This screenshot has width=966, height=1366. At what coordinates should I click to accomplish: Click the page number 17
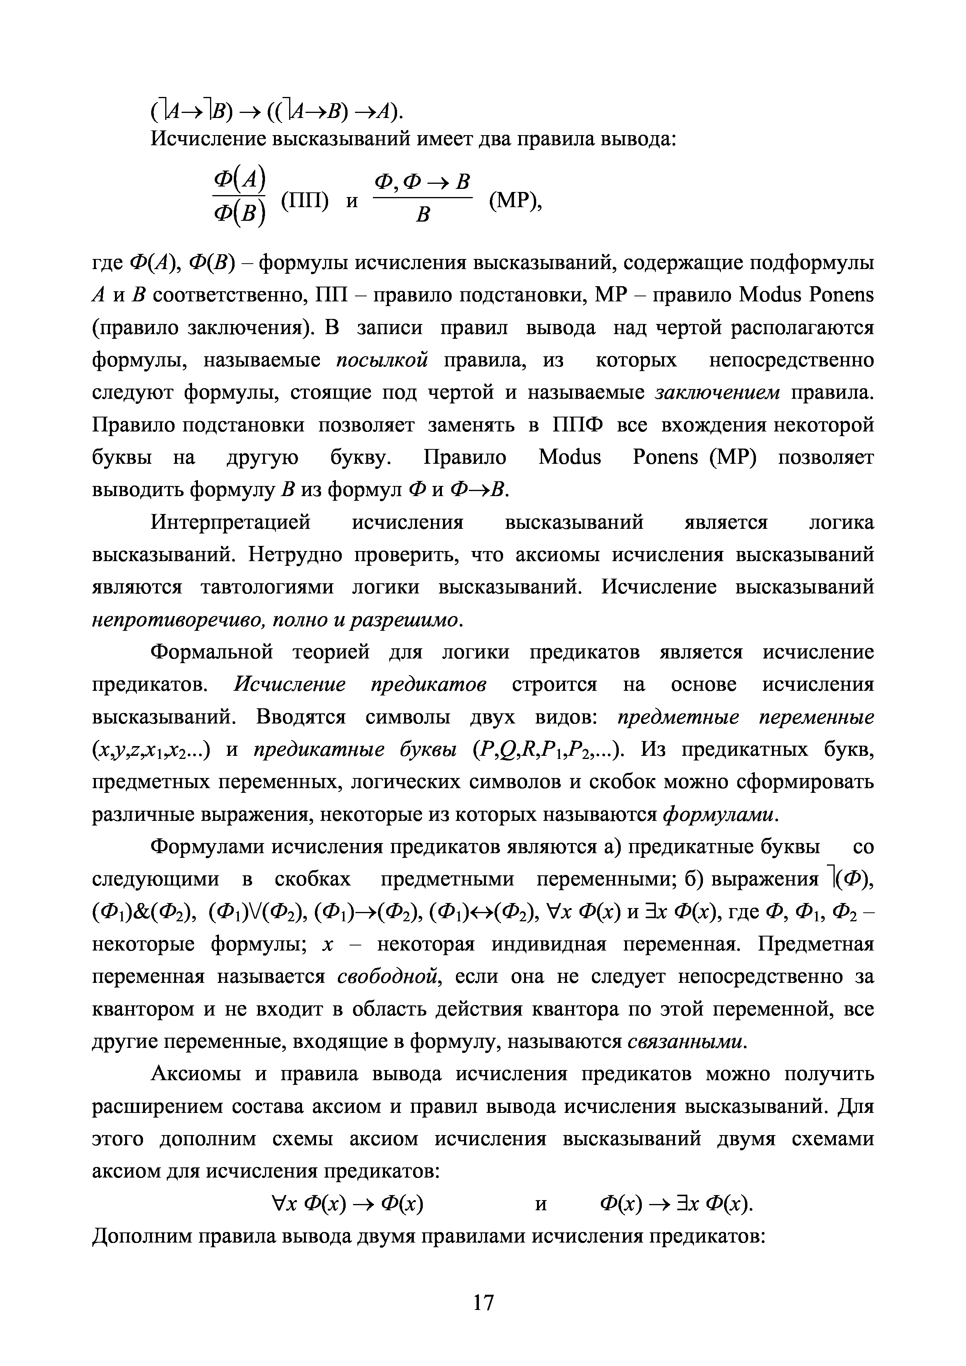[x=483, y=1303]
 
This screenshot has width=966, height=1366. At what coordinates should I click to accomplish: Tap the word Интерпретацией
[x=231, y=522]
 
